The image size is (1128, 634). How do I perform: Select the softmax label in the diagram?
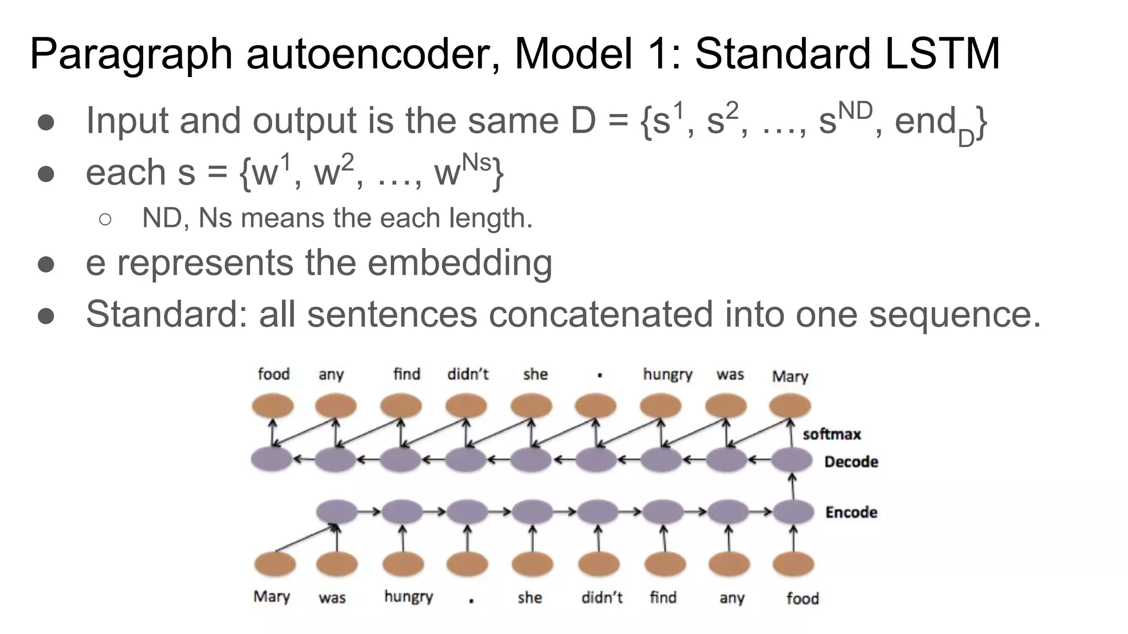click(x=831, y=434)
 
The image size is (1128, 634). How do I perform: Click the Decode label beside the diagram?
click(x=851, y=462)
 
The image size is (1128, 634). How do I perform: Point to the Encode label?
click(x=851, y=512)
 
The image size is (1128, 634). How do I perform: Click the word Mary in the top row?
click(x=790, y=376)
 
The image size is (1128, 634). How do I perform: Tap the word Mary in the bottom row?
click(x=272, y=597)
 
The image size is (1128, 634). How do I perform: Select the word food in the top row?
click(x=274, y=374)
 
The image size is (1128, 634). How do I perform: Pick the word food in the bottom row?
click(x=802, y=598)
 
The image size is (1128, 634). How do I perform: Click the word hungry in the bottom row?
click(x=408, y=597)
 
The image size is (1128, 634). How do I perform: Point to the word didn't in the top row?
click(x=468, y=374)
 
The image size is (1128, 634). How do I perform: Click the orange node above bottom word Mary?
click(x=275, y=565)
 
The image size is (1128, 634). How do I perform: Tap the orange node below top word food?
click(x=273, y=407)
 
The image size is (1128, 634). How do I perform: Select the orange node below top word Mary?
click(x=790, y=407)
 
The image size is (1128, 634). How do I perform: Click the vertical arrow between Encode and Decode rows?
click(x=793, y=487)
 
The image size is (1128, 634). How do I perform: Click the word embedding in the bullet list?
click(x=459, y=263)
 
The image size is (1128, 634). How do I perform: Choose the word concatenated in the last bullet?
click(x=600, y=314)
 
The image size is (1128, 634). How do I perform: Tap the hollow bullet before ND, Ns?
click(x=105, y=219)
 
